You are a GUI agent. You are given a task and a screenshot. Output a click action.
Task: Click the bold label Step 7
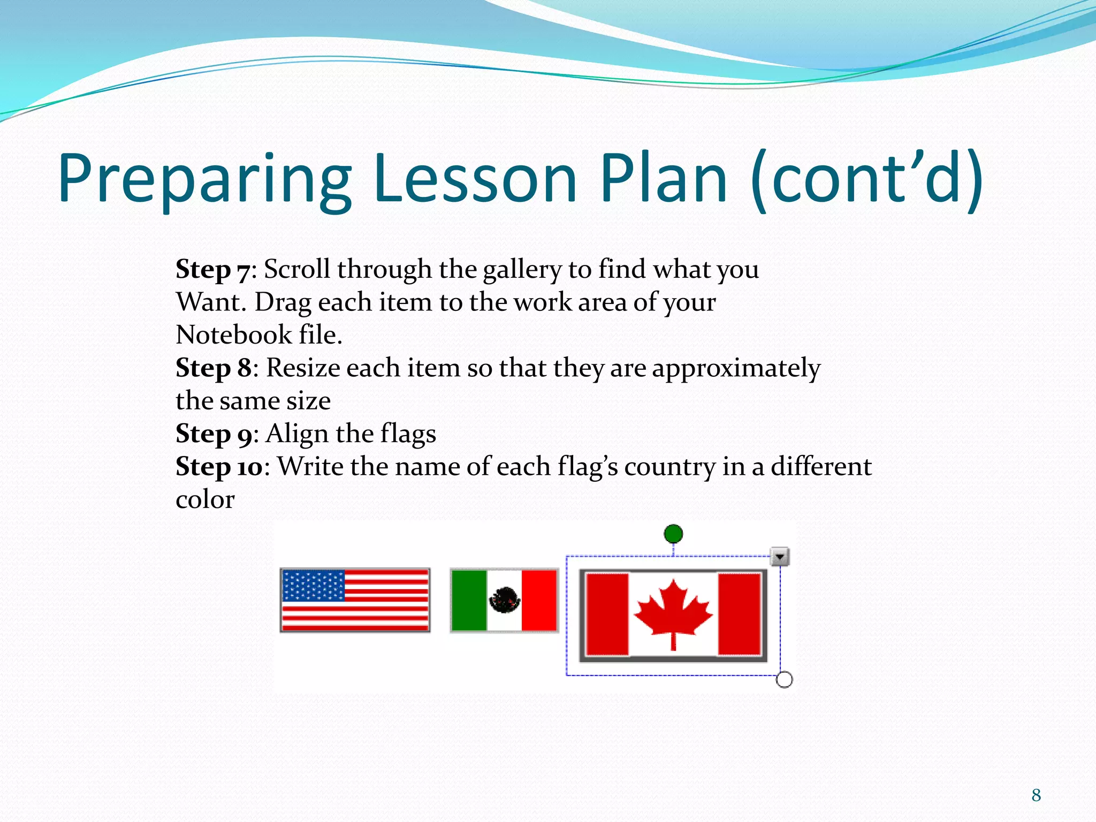click(x=212, y=270)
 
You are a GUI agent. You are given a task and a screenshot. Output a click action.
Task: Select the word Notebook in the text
click(x=233, y=336)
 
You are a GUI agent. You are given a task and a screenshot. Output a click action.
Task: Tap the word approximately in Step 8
click(x=736, y=368)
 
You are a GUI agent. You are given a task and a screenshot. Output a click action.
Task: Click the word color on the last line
click(x=205, y=500)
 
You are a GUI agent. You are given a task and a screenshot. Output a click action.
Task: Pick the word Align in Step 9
click(x=296, y=434)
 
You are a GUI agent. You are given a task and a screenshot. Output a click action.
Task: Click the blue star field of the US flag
click(x=314, y=585)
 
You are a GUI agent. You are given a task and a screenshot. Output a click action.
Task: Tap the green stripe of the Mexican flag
click(x=469, y=600)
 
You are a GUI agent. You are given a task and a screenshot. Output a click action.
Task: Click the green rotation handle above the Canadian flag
click(x=673, y=534)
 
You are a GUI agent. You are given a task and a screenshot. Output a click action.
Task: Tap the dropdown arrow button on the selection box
click(x=780, y=557)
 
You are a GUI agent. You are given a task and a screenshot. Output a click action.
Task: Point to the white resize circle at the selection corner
click(x=784, y=680)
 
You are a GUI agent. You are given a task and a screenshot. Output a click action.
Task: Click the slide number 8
click(x=1036, y=795)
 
